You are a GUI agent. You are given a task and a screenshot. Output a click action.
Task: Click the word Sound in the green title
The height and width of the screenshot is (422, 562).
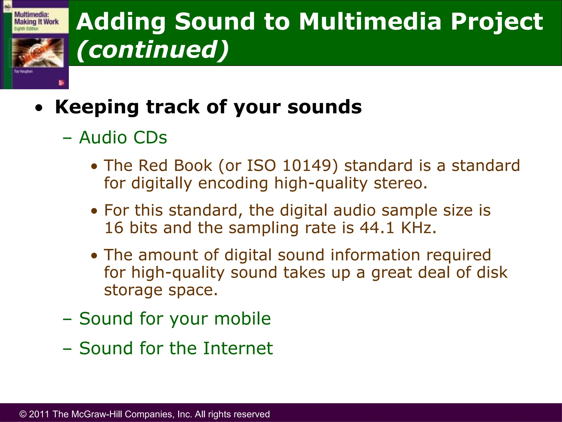215,21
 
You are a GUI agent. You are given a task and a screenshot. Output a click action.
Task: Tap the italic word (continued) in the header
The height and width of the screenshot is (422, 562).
152,50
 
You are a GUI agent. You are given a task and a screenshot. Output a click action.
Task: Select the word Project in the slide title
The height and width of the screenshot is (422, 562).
497,22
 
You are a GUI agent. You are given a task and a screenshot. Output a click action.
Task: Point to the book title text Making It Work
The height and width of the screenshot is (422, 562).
36,22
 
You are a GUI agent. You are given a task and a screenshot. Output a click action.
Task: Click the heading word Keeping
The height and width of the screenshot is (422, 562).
97,107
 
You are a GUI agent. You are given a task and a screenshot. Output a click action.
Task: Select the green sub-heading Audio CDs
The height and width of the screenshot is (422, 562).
123,137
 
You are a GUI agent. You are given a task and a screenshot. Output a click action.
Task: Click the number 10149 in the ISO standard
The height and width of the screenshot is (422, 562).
307,166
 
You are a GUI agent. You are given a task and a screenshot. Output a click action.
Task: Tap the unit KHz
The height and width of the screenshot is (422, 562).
418,228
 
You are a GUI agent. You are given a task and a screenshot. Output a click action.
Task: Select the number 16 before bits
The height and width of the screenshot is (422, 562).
114,228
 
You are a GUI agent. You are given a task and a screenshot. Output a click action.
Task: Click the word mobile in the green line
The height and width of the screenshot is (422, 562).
242,319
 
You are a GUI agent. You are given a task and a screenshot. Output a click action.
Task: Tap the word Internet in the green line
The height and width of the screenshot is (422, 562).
238,348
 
